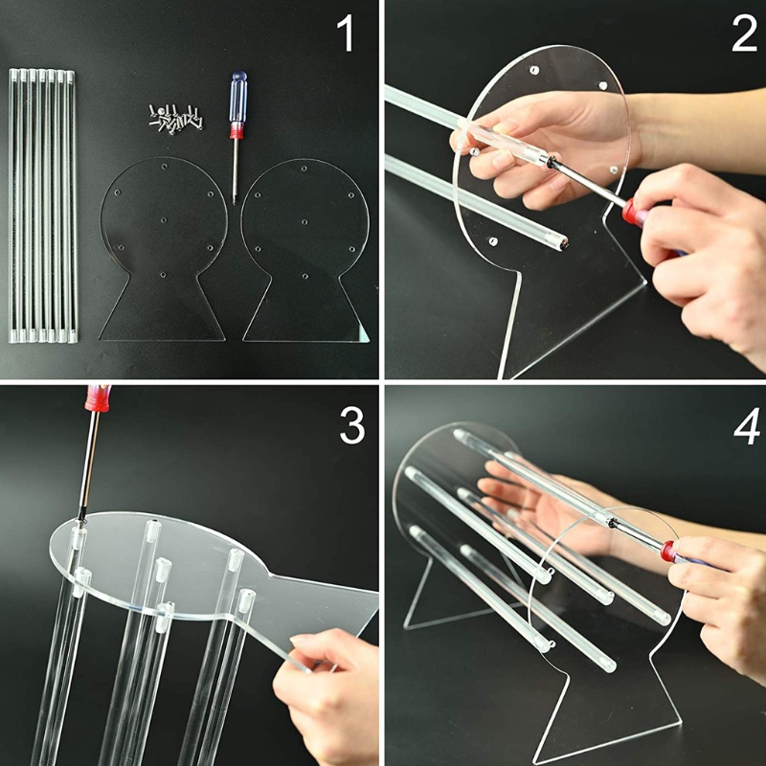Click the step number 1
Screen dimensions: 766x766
(x=345, y=34)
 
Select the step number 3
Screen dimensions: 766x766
(x=351, y=426)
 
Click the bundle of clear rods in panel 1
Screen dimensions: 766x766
(x=43, y=206)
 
